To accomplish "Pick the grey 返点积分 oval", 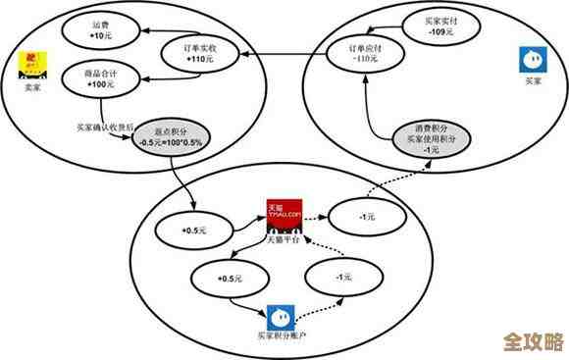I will [x=171, y=138].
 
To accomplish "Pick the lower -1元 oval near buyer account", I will [x=342, y=278].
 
